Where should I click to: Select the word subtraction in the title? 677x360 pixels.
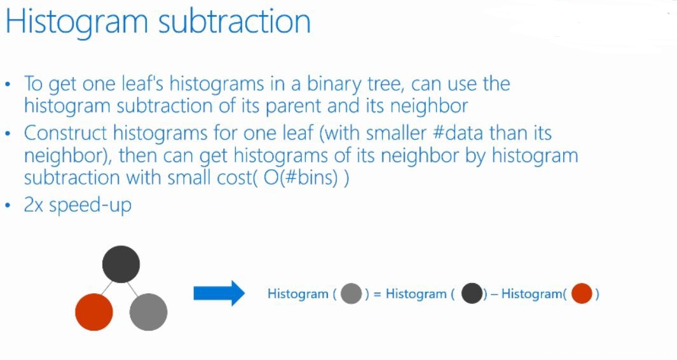(235, 21)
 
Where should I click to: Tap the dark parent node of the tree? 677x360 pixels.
(121, 264)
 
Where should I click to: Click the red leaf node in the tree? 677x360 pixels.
(94, 312)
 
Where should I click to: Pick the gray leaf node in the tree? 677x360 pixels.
(149, 312)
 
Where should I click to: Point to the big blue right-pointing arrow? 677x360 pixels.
(219, 293)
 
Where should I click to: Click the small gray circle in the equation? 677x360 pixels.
(351, 294)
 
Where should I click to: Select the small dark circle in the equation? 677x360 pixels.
(472, 294)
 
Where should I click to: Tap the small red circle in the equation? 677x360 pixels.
(582, 294)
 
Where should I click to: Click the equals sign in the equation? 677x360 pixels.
(378, 294)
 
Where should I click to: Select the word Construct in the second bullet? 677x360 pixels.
(65, 133)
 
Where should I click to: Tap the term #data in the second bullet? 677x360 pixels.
(458, 133)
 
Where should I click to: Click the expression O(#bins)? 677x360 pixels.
(301, 178)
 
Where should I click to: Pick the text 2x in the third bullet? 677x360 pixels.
(33, 205)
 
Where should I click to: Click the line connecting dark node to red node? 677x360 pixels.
(107, 287)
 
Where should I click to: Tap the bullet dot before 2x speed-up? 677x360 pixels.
(8, 205)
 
